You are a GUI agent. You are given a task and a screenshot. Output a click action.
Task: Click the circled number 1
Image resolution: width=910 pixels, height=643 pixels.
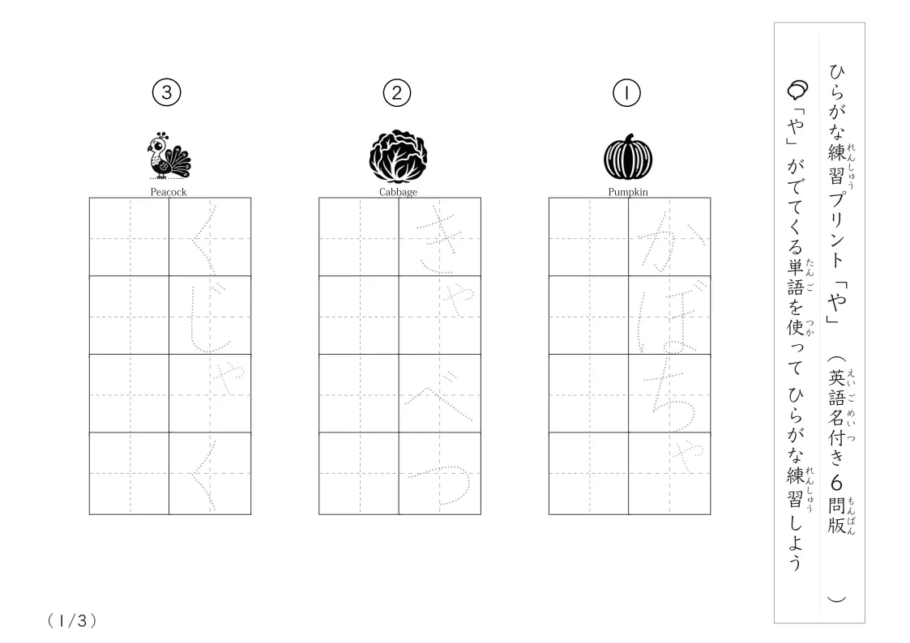(626, 93)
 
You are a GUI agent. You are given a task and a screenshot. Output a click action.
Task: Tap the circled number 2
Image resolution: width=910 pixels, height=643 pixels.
(397, 93)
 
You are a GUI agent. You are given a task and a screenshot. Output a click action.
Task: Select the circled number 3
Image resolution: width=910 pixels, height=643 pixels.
(167, 93)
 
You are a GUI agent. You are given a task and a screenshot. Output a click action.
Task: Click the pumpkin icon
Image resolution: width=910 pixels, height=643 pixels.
(628, 157)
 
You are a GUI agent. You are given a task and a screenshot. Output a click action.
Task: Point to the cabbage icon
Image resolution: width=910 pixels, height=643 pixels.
(398, 155)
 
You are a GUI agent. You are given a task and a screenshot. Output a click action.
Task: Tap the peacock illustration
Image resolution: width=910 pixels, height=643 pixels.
(169, 155)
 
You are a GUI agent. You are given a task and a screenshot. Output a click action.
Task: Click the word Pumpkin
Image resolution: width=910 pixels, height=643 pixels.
(628, 192)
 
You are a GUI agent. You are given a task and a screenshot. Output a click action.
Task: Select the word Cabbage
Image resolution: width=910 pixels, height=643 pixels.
(398, 192)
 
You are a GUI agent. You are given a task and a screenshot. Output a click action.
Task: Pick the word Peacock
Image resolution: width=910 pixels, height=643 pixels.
(169, 192)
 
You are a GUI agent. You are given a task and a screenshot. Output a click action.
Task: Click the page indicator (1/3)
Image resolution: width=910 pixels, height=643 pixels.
(72, 621)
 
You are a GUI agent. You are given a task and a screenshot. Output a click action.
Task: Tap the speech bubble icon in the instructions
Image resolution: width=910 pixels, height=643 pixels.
(797, 90)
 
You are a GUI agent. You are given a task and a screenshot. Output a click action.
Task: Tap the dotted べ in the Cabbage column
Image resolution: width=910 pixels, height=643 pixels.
(440, 394)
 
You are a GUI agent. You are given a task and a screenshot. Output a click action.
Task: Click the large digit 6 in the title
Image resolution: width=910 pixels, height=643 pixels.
(836, 483)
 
